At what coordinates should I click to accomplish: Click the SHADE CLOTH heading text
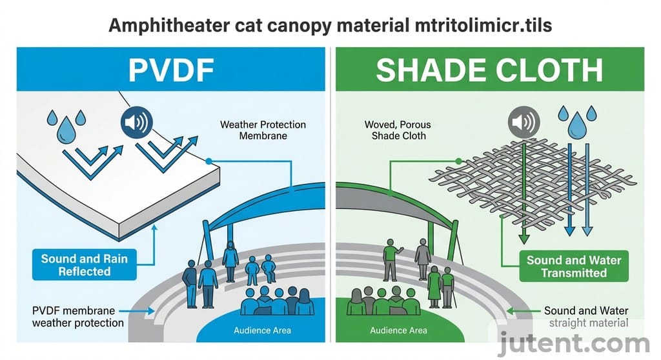(489, 70)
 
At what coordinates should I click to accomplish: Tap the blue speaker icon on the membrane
(136, 123)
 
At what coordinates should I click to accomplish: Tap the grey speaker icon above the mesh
(522, 121)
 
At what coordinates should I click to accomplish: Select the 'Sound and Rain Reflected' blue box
(85, 265)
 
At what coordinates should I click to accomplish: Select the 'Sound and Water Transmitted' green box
(574, 266)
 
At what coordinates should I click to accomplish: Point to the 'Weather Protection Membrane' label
(263, 130)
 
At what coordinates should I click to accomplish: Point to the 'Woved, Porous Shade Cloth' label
(398, 130)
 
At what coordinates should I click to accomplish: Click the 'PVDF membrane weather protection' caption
(77, 317)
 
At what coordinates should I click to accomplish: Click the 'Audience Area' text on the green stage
(398, 331)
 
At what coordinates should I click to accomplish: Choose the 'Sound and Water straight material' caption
(585, 317)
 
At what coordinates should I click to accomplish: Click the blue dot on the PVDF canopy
(208, 161)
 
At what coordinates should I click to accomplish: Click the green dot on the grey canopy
(458, 161)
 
